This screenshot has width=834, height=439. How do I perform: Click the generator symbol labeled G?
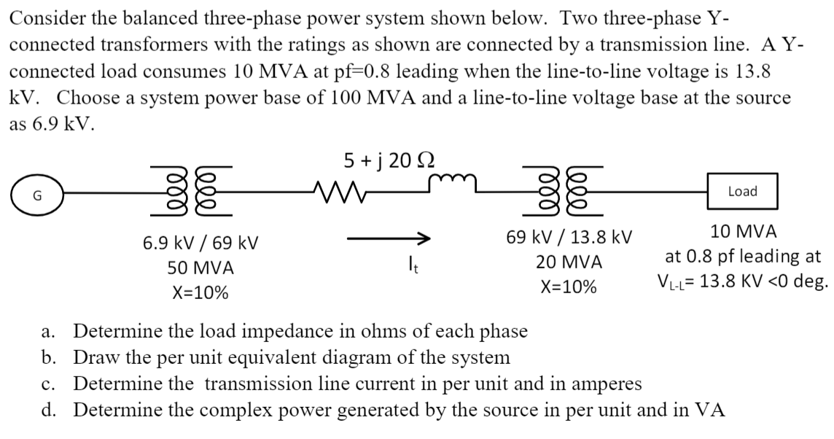point(36,195)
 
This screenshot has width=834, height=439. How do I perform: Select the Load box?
point(742,192)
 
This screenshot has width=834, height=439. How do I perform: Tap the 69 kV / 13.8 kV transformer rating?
point(569,237)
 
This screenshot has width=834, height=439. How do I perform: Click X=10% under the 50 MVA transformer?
point(199,293)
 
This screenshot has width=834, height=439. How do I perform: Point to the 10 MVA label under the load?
point(743,232)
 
